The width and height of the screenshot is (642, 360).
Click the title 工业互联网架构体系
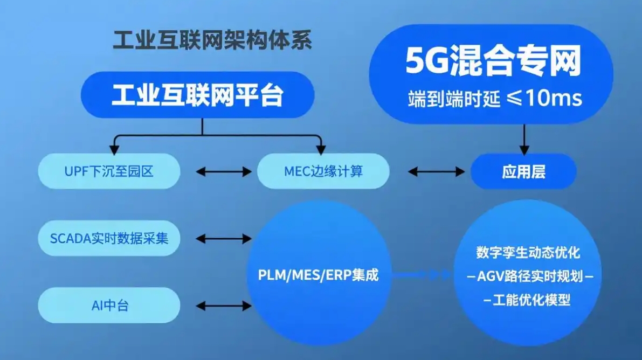212,41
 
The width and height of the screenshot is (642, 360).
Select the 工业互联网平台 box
197,95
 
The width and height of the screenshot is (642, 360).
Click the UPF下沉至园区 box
109,171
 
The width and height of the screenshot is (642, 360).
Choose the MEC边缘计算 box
323,171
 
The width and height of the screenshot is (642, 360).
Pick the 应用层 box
523,171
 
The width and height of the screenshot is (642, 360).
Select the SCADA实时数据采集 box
109,238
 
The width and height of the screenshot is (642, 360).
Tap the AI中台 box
109,306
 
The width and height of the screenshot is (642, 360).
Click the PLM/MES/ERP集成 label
318,275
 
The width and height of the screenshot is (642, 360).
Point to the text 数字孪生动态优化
528,252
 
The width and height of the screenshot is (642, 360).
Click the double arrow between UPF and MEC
223,172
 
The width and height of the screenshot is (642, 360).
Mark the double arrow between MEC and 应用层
436,172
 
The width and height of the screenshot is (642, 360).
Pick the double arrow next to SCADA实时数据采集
223,238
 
